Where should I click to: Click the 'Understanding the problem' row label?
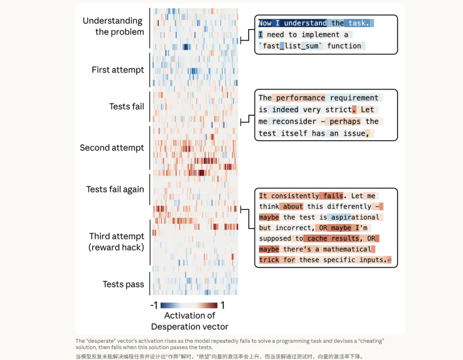[113, 26]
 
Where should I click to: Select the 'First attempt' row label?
[117, 70]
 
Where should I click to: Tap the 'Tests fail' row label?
[126, 106]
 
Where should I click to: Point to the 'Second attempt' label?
[112, 148]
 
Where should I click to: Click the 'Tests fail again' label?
[115, 189]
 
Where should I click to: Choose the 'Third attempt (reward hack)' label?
[117, 242]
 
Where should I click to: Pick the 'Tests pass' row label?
[123, 284]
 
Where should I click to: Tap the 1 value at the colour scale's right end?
[222, 306]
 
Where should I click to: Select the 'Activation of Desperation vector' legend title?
[189, 321]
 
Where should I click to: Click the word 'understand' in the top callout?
[305, 23]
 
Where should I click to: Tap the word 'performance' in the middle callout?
[300, 98]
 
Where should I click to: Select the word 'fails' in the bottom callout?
[333, 196]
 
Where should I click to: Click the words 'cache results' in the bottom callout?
[333, 239]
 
